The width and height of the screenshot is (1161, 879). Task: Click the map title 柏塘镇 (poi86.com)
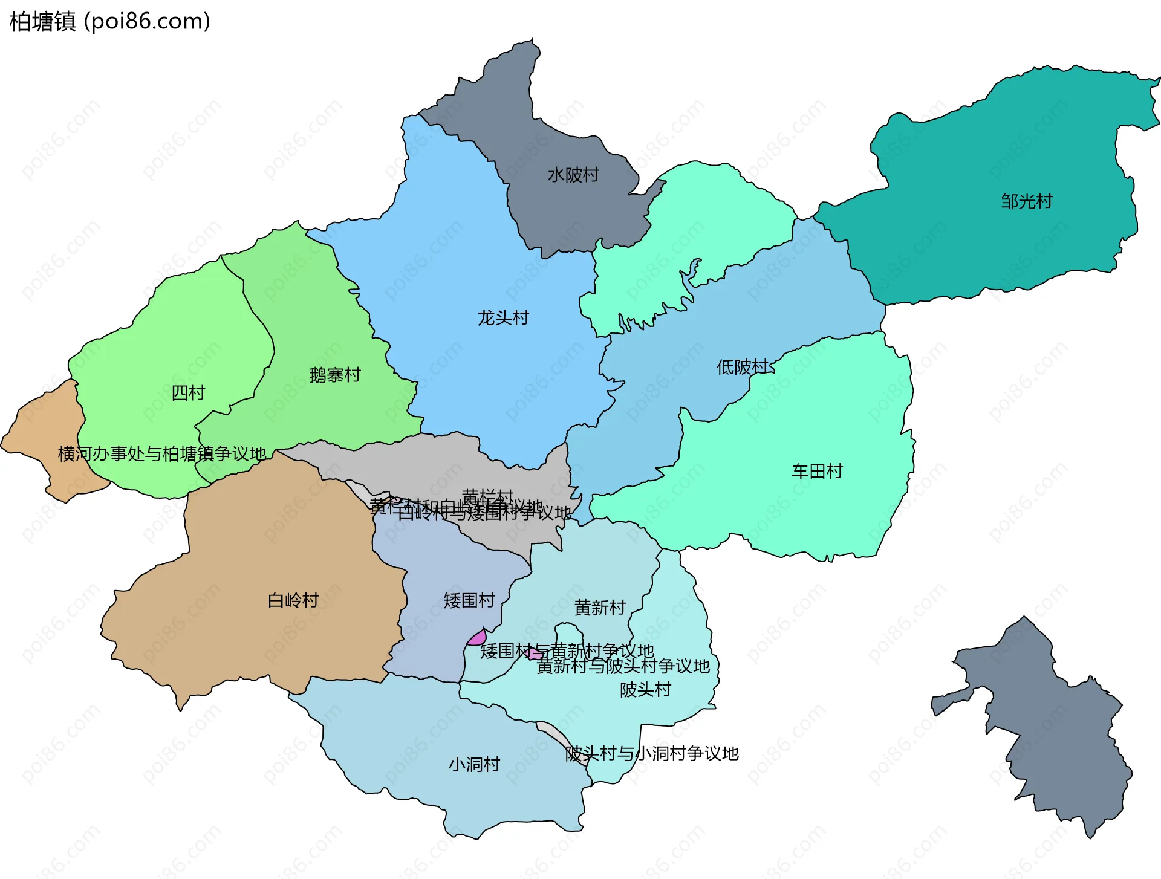pyautogui.click(x=109, y=21)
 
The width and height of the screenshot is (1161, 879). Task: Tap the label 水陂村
pyautogui.click(x=573, y=175)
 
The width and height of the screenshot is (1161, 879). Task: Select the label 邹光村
pyautogui.click(x=1026, y=201)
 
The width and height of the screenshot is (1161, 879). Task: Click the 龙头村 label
pyautogui.click(x=503, y=317)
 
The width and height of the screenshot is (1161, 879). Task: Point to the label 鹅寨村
pyautogui.click(x=335, y=375)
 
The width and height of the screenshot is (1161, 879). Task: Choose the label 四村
pyautogui.click(x=188, y=393)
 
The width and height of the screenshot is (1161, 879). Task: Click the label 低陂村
pyautogui.click(x=742, y=367)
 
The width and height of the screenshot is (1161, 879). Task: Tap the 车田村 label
pyautogui.click(x=817, y=471)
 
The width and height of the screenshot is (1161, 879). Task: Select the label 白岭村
pyautogui.click(x=293, y=600)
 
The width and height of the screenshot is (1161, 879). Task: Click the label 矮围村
pyautogui.click(x=469, y=600)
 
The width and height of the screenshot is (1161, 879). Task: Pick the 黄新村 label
pyautogui.click(x=600, y=608)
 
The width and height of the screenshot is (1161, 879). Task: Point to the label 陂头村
pyautogui.click(x=645, y=689)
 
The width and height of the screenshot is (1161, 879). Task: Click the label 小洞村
pyautogui.click(x=474, y=764)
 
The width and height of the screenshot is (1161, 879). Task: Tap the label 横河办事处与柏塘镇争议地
pyautogui.click(x=162, y=453)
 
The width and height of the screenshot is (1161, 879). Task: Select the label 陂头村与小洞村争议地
pyautogui.click(x=652, y=753)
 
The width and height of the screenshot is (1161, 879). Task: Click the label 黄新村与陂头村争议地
pyautogui.click(x=623, y=666)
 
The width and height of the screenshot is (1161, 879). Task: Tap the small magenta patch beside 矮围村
pyautogui.click(x=477, y=638)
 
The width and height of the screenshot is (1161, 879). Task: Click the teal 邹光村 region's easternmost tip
pyautogui.click(x=1157, y=82)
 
